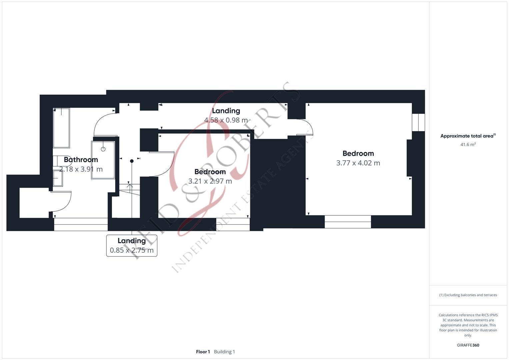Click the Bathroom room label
[x=81, y=160]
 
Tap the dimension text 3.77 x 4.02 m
[x=358, y=163]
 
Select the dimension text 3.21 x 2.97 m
[x=210, y=181]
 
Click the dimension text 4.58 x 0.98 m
[x=226, y=120]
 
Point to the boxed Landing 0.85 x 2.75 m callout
[x=132, y=245]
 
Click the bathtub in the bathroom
[x=61, y=128]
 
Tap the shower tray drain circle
[x=103, y=149]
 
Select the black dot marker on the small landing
[x=132, y=161]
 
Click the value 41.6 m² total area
[x=468, y=145]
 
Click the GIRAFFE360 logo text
[x=468, y=345]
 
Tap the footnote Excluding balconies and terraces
[x=468, y=295]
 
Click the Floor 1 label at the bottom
[x=203, y=352]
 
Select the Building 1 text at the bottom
[x=224, y=352]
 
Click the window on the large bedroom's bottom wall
[x=348, y=222]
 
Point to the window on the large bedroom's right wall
[x=418, y=122]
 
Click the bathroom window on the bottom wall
[x=81, y=224]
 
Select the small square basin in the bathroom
[x=58, y=178]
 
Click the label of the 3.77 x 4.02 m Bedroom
[x=358, y=154]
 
